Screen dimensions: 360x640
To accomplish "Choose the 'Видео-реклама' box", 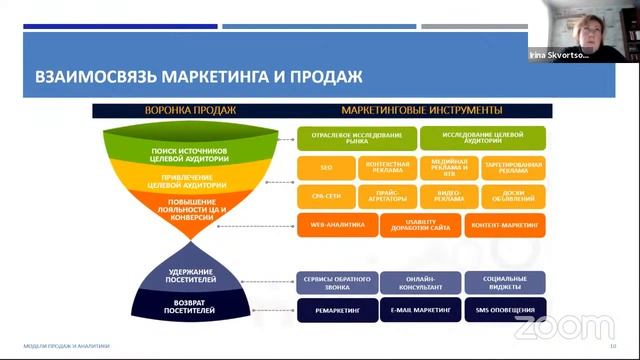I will pyautogui.click(x=449, y=197).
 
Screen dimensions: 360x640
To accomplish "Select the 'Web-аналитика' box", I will pyautogui.click(x=337, y=225).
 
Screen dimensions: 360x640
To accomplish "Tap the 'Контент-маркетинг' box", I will pyautogui.click(x=504, y=225).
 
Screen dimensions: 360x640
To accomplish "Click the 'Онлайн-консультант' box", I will pyautogui.click(x=421, y=282).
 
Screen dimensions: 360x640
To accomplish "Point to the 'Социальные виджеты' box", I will pyautogui.click(x=504, y=282).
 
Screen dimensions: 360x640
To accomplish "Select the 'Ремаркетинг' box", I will pyautogui.click(x=337, y=310).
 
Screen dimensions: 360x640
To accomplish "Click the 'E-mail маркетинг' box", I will pyautogui.click(x=421, y=310).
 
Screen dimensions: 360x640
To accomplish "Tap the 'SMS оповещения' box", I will pyautogui.click(x=504, y=310).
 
